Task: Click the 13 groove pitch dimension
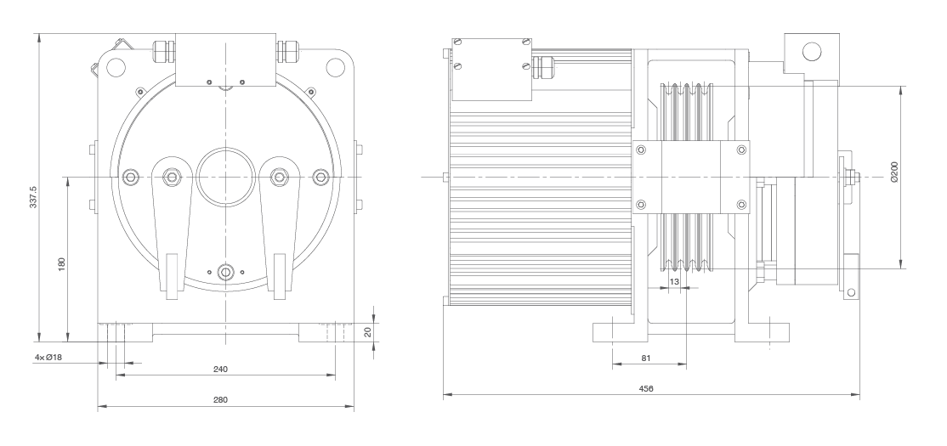point(674,280)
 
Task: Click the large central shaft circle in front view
point(225,176)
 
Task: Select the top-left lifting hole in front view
point(116,64)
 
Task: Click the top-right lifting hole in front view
point(334,64)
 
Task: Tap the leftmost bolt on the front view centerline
point(130,176)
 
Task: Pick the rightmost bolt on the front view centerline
point(320,176)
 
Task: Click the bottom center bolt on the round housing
point(225,272)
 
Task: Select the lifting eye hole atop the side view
point(810,51)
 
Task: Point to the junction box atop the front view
point(225,59)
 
